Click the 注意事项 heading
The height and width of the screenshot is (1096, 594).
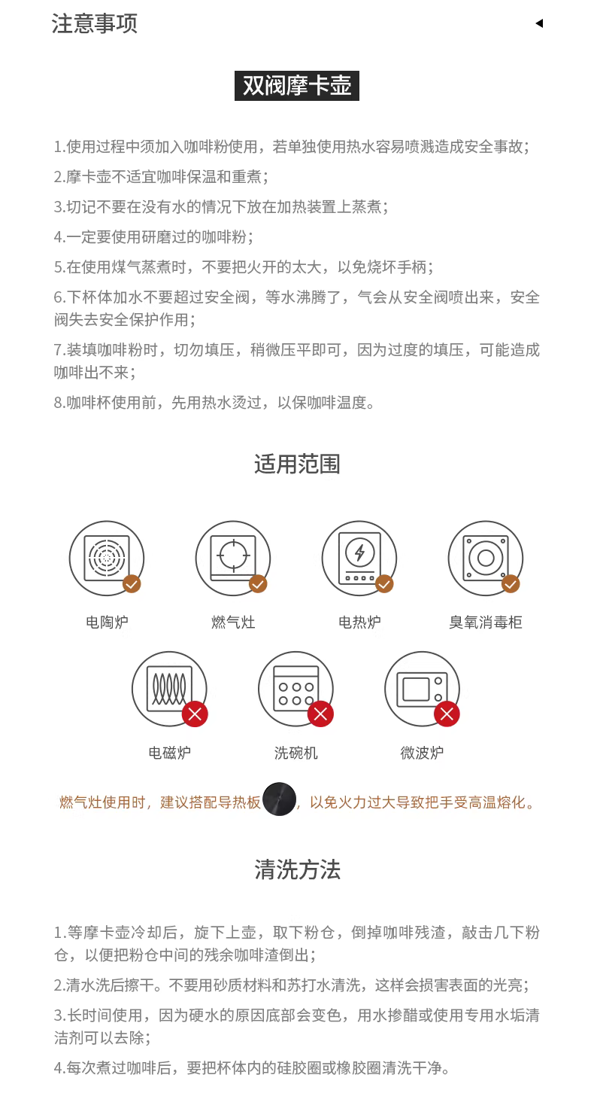click(94, 23)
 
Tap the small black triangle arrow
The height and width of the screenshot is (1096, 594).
click(539, 23)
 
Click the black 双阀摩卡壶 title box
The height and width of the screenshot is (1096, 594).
click(297, 86)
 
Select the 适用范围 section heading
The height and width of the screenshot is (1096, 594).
click(297, 464)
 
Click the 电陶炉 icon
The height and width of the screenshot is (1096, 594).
click(107, 559)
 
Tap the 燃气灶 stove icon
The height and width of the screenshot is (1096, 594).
click(233, 559)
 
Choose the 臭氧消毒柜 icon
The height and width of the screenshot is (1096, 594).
click(486, 559)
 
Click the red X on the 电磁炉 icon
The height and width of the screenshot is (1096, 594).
click(195, 714)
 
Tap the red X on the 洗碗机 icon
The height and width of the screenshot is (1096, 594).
click(321, 714)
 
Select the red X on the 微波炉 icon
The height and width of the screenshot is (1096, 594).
click(447, 714)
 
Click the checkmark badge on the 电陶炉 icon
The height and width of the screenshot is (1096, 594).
click(132, 583)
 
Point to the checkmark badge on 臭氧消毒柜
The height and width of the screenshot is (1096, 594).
click(511, 583)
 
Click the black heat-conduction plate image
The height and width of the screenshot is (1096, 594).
click(279, 799)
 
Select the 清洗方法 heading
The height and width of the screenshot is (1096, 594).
click(297, 869)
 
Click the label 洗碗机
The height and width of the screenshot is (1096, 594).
click(295, 753)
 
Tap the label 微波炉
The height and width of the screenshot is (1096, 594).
click(422, 753)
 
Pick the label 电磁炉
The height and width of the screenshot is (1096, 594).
click(170, 753)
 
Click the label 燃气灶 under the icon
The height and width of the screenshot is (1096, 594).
click(233, 623)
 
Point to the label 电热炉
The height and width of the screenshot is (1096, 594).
click(359, 623)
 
